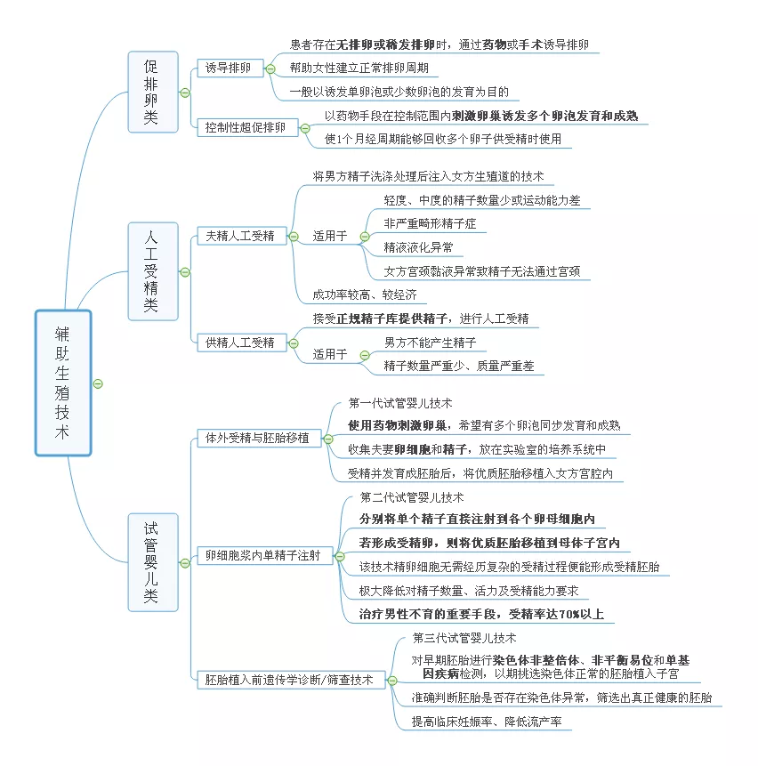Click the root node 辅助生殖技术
(63, 383)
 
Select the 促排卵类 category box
(152, 92)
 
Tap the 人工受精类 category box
(152, 271)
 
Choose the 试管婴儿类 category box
(152, 561)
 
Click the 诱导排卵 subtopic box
(228, 68)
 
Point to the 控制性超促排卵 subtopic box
(246, 127)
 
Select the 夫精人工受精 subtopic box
(240, 236)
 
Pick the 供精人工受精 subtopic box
(240, 342)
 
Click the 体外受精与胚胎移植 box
(258, 438)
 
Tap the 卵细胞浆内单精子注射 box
(263, 556)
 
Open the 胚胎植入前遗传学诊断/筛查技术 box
(290, 680)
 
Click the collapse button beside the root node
(99, 383)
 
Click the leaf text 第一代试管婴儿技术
(400, 403)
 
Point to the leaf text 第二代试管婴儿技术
(412, 497)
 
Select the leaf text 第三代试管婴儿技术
(464, 638)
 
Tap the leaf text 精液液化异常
(418, 247)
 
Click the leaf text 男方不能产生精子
(430, 342)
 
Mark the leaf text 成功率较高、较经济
(364, 294)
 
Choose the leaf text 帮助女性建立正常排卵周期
(359, 68)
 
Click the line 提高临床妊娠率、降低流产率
(486, 722)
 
